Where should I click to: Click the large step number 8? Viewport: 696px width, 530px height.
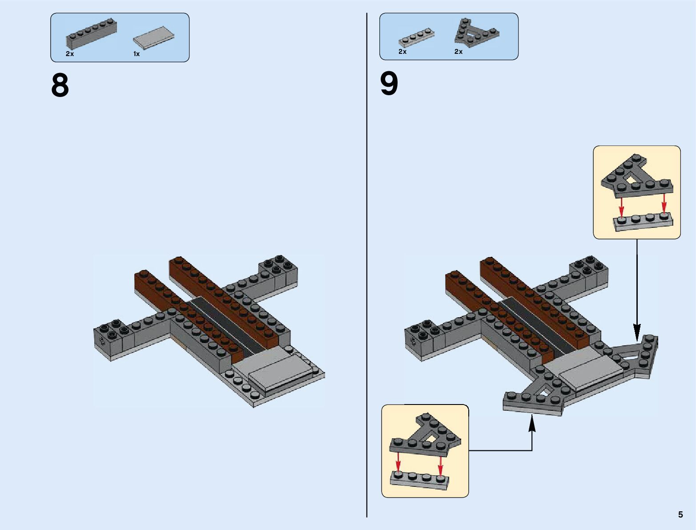(60, 85)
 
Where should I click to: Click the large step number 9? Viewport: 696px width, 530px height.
(389, 84)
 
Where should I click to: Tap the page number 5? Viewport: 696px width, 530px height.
(680, 514)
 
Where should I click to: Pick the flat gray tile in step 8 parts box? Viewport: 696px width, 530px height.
(153, 38)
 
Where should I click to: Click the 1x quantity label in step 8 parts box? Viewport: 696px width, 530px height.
(137, 54)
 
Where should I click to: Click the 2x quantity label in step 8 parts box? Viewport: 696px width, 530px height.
(70, 54)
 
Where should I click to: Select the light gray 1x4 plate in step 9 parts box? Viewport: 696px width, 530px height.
(416, 38)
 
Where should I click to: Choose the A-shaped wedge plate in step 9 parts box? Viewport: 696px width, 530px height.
(476, 32)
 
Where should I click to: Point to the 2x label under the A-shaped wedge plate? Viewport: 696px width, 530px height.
(459, 52)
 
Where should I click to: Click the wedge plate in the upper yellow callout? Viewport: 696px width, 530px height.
(636, 178)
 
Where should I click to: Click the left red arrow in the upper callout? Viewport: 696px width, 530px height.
(622, 207)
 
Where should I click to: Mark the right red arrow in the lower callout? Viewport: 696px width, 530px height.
(440, 464)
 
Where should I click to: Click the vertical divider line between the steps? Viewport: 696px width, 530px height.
(367, 267)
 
